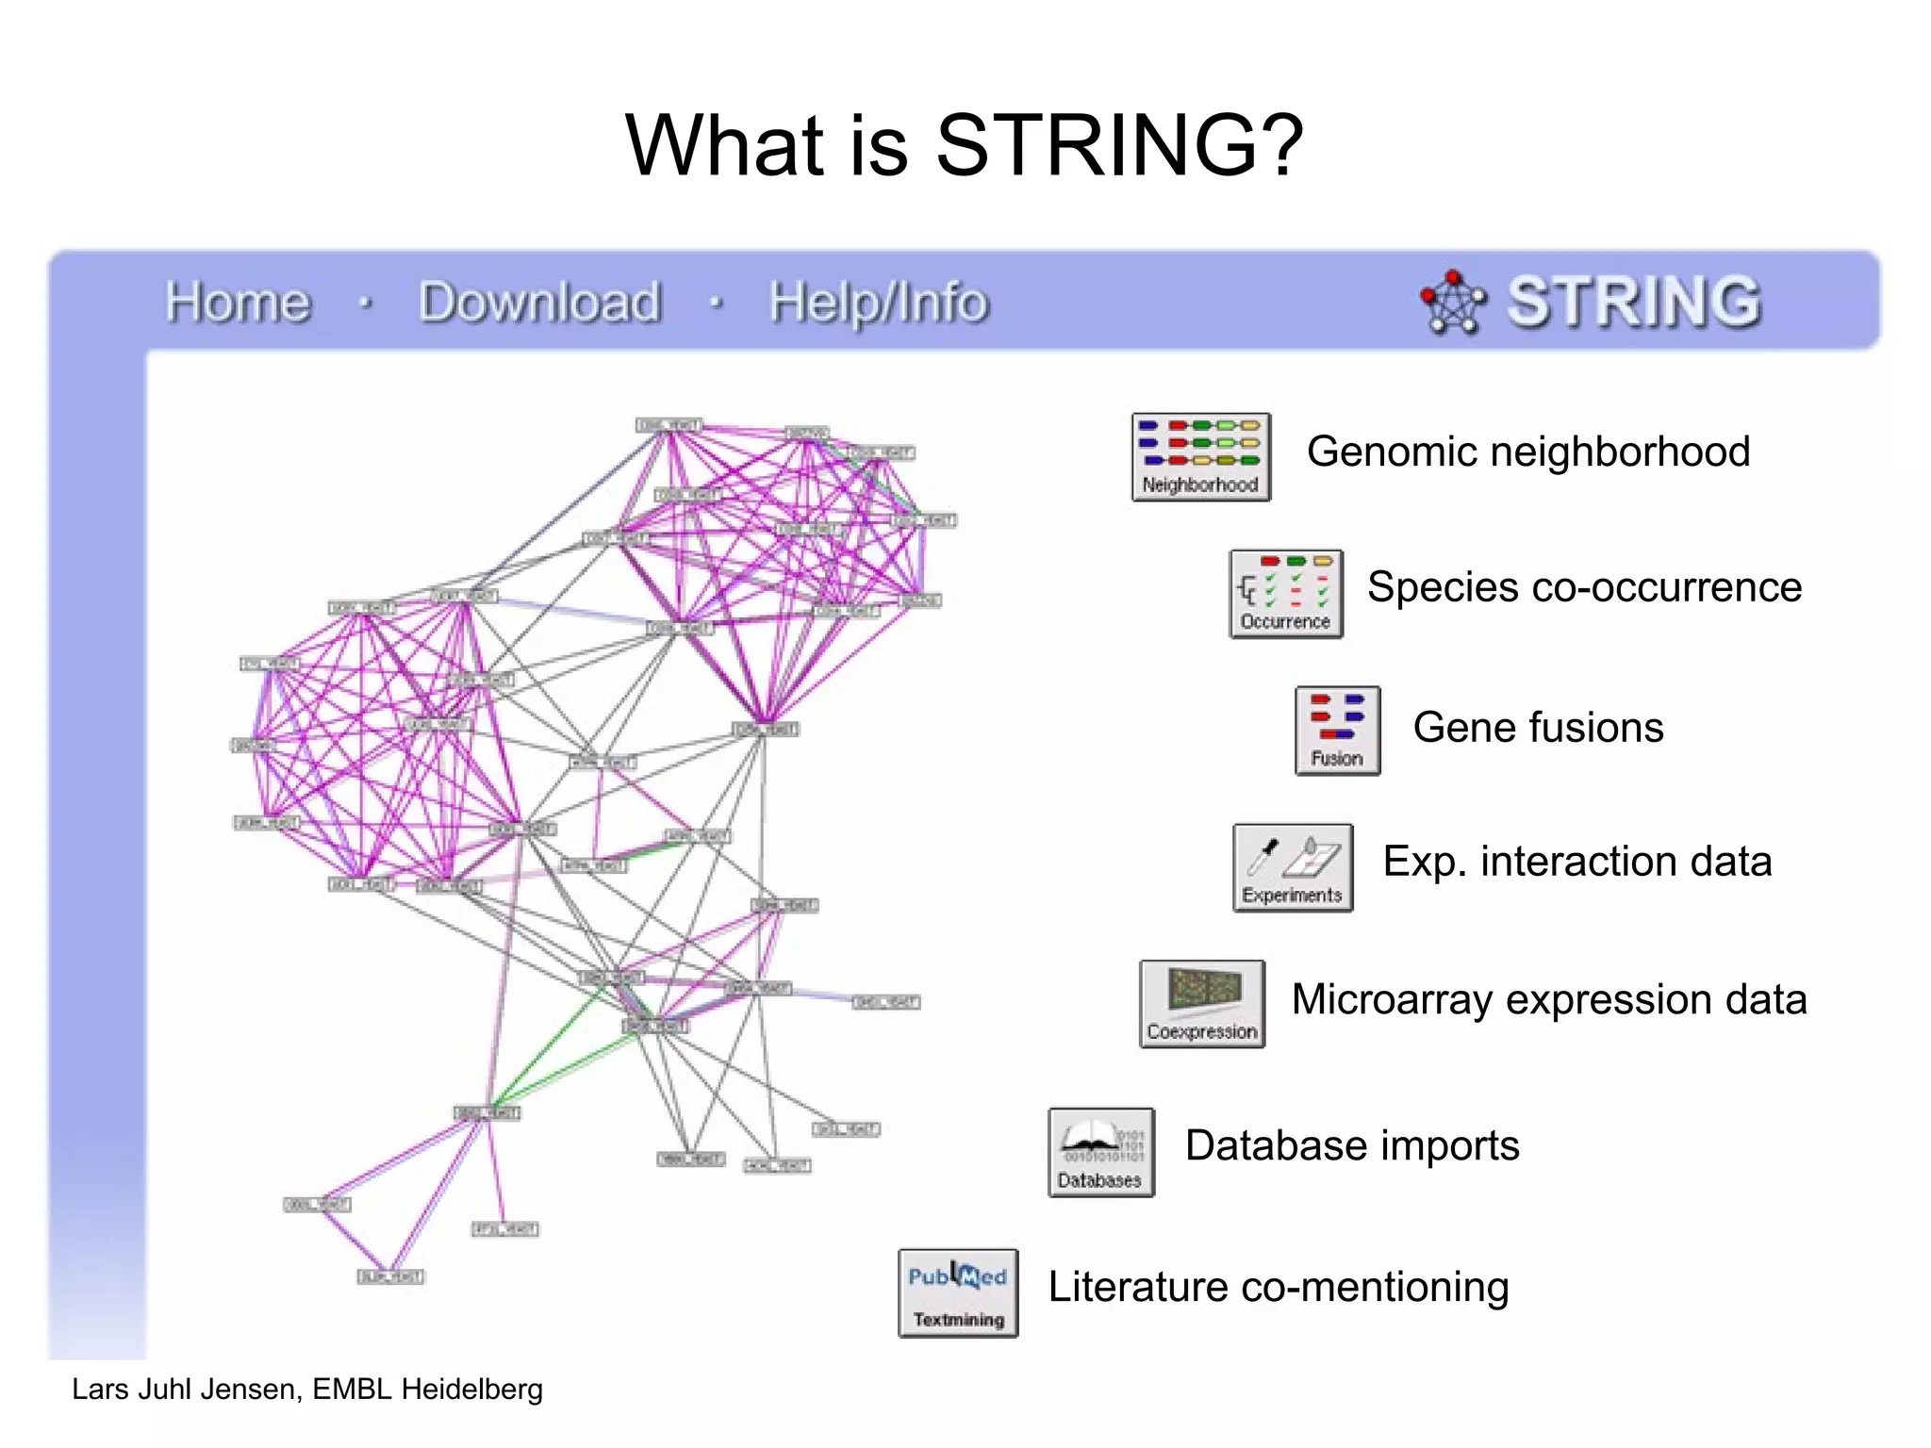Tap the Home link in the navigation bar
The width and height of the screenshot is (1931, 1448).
tap(237, 303)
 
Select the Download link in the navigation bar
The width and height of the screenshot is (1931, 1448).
tap(539, 303)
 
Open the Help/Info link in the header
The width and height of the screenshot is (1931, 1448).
tap(878, 304)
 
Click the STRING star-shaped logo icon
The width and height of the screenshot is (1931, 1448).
tap(1452, 303)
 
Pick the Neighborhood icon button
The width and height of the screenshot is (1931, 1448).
tap(1200, 457)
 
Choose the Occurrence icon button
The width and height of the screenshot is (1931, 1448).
tap(1285, 594)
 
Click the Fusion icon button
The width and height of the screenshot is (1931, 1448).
tap(1337, 731)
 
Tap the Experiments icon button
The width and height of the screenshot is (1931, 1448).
tap(1292, 867)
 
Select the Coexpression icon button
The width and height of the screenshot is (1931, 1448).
tap(1201, 1004)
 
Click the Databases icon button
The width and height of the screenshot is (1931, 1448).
tap(1100, 1152)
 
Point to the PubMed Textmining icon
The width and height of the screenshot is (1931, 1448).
tap(958, 1292)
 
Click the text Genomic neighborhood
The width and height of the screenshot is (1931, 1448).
tap(1527, 452)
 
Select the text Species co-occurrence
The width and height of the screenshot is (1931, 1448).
tap(1584, 587)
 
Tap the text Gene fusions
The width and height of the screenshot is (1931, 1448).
tap(1538, 728)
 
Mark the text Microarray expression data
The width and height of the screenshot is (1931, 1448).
tap(1548, 999)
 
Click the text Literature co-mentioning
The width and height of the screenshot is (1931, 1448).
tap(1278, 1287)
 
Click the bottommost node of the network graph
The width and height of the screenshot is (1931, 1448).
tap(390, 1276)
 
